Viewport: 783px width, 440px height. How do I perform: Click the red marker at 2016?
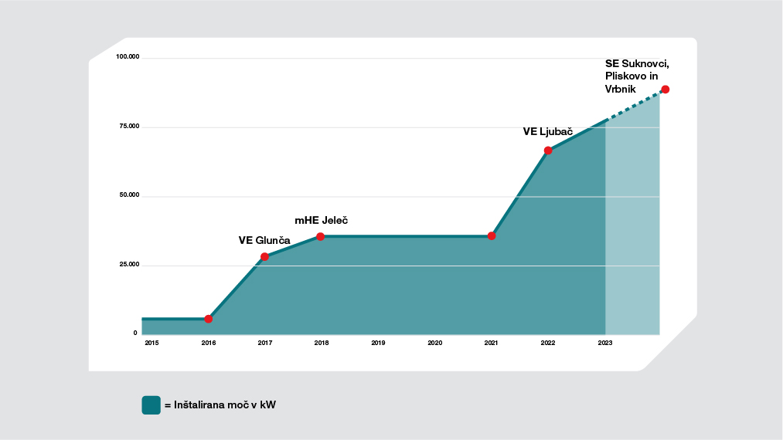pos(208,319)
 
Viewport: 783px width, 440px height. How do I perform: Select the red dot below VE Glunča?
pos(264,256)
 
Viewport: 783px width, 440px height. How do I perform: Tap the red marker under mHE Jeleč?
pos(320,236)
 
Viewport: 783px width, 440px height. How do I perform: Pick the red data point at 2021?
pos(492,235)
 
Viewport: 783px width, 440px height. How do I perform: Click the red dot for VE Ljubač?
pos(548,151)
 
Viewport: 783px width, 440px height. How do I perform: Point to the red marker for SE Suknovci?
pos(665,90)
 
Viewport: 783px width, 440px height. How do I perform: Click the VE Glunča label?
pos(264,240)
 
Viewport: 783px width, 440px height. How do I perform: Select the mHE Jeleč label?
pos(321,220)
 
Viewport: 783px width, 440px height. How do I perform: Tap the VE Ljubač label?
pos(547,132)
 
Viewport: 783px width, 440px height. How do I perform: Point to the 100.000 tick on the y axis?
pos(128,57)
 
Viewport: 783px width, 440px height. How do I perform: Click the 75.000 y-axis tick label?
pos(129,127)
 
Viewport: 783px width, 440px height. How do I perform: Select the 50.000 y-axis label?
pos(129,195)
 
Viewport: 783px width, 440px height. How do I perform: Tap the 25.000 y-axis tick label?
pos(129,265)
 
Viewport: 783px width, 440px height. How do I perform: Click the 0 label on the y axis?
pos(135,333)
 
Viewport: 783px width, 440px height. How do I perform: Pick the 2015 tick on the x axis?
pos(151,342)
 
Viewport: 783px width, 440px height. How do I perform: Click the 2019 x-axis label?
pos(378,342)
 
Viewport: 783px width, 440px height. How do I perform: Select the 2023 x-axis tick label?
pos(605,342)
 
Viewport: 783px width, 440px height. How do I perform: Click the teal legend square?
pos(151,405)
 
